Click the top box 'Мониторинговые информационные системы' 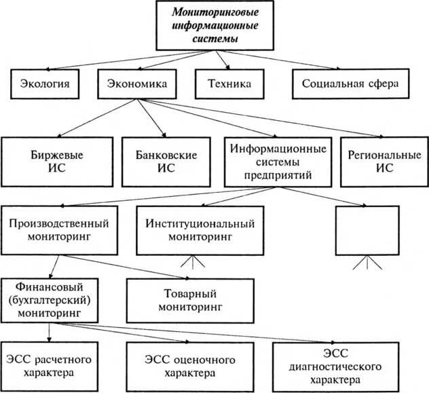tap(214, 25)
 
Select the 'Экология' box tap(40, 84)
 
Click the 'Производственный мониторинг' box tap(60, 231)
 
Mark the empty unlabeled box tap(367, 230)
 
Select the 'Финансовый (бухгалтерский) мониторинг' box tap(50, 299)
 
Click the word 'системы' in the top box tap(214, 39)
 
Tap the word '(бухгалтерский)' tap(50, 300)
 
